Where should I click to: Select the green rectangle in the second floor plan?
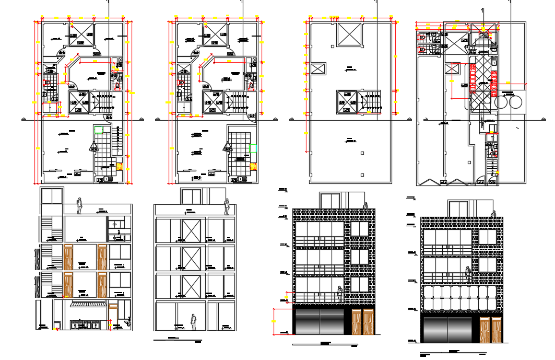[253, 148]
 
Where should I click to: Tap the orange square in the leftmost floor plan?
[120, 167]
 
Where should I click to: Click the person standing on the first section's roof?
[79, 205]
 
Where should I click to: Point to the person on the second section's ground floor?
[193, 322]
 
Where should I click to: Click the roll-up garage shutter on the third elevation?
[318, 321]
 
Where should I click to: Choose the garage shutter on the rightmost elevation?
[447, 329]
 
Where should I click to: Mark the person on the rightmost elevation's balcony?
[468, 275]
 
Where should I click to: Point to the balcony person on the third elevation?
[340, 294]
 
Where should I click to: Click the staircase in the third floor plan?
[372, 101]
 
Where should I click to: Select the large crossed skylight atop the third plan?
[348, 34]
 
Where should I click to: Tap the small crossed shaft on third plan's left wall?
[318, 68]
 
